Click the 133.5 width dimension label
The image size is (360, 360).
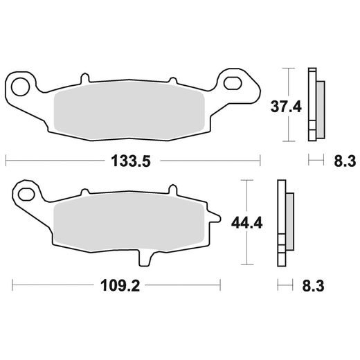click(131, 161)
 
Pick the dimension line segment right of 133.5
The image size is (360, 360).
click(208, 161)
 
